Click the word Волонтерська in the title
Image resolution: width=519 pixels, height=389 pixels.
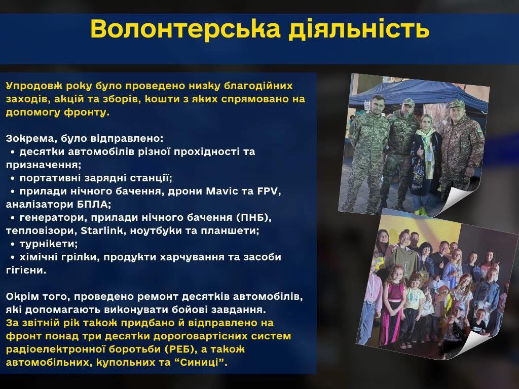pyautogui.click(x=186, y=29)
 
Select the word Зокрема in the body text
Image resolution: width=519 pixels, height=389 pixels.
pyautogui.click(x=31, y=138)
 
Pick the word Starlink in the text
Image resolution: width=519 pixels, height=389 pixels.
pyautogui.click(x=102, y=230)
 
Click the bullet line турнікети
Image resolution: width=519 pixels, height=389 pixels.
pyautogui.click(x=49, y=244)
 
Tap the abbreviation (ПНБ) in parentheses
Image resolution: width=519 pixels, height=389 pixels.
pyautogui.click(x=253, y=217)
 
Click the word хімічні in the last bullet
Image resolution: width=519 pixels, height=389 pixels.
pyautogui.click(x=39, y=257)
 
